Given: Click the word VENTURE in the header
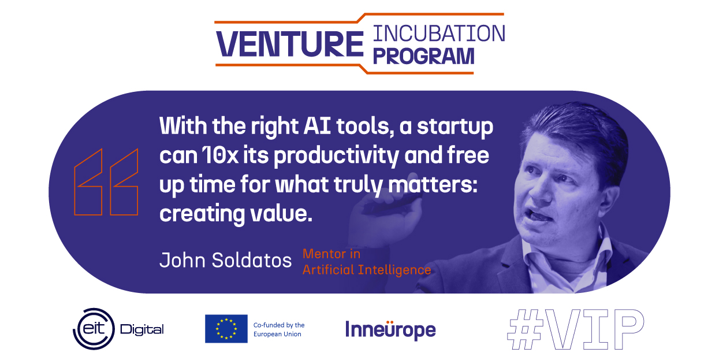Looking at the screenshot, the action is click(x=290, y=44).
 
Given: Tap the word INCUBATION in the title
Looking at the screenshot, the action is click(x=439, y=34).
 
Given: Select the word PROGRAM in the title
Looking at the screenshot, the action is click(x=423, y=56).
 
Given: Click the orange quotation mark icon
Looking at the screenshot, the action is click(x=106, y=182).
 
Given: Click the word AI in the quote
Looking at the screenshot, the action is click(x=317, y=126).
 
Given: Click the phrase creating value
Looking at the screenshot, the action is click(x=236, y=214).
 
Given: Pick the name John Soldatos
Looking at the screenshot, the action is click(x=226, y=260).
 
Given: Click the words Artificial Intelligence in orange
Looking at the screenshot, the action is click(x=367, y=270).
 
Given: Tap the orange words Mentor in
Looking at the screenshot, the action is click(x=331, y=254).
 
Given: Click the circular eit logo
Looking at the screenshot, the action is click(x=94, y=329).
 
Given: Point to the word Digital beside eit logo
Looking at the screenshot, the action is click(x=141, y=330).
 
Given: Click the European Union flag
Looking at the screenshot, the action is click(x=226, y=329).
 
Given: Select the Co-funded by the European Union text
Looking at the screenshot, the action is click(x=279, y=329).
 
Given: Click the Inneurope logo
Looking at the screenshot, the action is click(x=390, y=329).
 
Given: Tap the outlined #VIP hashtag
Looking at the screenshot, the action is click(x=576, y=329).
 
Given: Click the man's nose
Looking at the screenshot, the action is click(x=539, y=192).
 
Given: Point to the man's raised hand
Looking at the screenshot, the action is click(x=385, y=212).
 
